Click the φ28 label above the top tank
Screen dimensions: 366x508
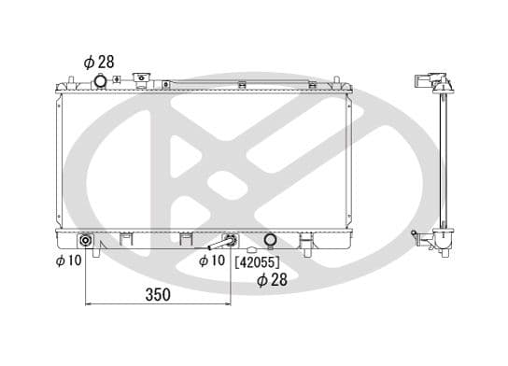(x=98, y=62)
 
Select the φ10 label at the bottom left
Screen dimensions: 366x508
(x=68, y=260)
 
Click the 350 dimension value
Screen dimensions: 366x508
(x=159, y=295)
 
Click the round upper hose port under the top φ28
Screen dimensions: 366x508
(x=102, y=83)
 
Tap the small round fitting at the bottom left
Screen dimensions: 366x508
(x=86, y=242)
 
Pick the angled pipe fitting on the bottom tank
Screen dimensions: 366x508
(x=221, y=244)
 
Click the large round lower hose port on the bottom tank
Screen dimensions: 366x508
(x=271, y=241)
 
